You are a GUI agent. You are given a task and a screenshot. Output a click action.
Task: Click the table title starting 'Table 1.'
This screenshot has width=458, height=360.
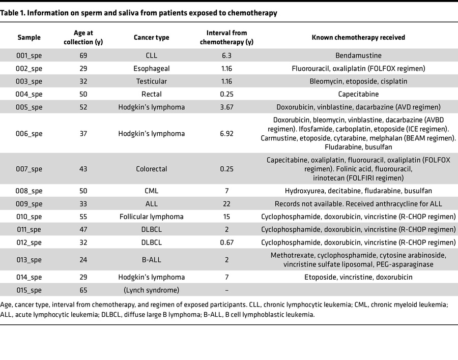[139, 13]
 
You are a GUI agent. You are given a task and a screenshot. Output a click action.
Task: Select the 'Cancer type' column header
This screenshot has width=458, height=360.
[151, 38]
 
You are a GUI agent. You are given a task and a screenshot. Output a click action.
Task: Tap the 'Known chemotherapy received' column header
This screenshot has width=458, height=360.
[358, 38]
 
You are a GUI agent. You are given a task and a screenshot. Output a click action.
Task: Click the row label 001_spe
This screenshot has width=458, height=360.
[29, 55]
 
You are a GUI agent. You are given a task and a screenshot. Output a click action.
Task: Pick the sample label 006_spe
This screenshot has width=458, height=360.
[29, 134]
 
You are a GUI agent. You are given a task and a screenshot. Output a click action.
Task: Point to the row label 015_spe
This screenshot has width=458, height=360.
[29, 290]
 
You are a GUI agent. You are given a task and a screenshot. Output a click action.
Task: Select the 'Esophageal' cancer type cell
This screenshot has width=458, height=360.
[151, 68]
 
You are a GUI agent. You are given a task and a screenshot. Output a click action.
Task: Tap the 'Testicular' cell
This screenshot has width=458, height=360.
[151, 81]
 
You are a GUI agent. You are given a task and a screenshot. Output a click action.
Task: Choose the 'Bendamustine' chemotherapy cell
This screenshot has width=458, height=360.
[358, 55]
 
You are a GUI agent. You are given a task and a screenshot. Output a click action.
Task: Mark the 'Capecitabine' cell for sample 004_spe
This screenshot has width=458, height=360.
[358, 94]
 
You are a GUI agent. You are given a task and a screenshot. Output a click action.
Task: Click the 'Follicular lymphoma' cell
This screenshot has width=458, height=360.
[151, 217]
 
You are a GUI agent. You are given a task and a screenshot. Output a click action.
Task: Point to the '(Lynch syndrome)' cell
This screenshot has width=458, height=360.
[151, 290]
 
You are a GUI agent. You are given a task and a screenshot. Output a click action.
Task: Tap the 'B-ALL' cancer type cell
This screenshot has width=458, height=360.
[151, 260]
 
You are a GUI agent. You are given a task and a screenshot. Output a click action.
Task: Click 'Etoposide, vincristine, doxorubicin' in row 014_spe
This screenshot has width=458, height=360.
[358, 277]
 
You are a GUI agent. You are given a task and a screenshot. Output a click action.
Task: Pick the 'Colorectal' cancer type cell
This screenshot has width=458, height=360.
[151, 169]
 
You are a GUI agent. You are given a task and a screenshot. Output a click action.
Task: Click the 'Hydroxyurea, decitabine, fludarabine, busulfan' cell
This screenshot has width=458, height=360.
[358, 191]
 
